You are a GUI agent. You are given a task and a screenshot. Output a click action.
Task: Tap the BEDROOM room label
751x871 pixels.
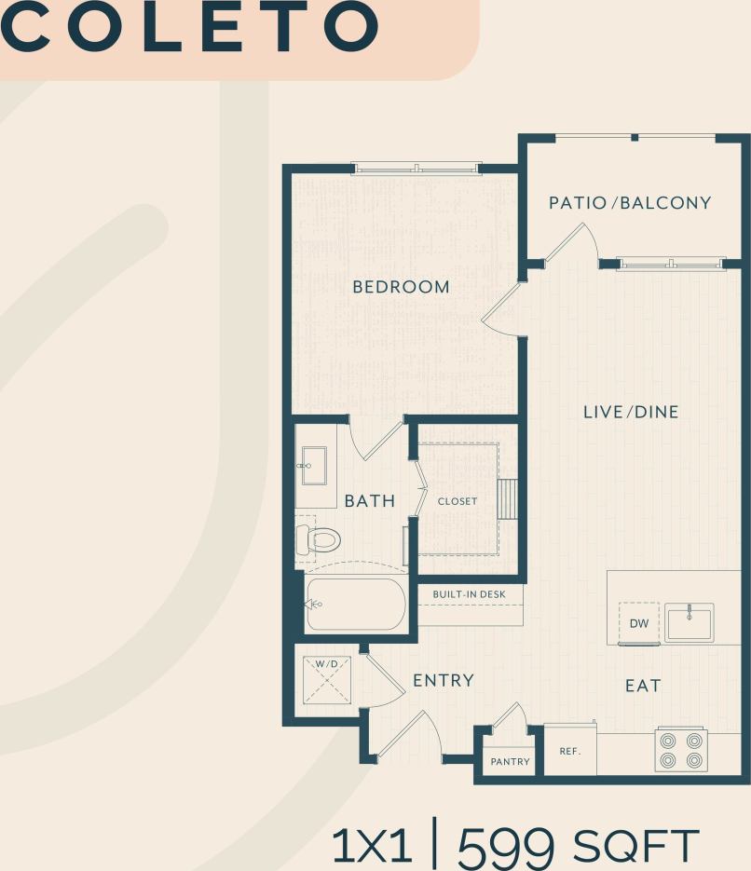click(x=401, y=287)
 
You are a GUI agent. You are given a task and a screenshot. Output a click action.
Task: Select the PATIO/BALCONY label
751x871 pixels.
click(x=630, y=203)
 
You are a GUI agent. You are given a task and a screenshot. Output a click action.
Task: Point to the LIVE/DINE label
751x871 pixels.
click(x=631, y=412)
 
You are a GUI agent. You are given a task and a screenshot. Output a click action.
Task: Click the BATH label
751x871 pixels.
click(x=370, y=501)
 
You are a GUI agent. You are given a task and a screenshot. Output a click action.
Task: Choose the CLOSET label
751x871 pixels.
click(x=457, y=501)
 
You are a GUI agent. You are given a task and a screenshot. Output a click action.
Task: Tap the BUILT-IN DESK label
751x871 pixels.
click(x=469, y=594)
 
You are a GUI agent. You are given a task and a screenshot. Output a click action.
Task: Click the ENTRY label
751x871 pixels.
click(x=444, y=681)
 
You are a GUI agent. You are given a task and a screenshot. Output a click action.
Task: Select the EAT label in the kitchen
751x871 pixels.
click(x=643, y=686)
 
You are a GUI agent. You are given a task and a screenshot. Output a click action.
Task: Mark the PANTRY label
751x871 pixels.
click(x=510, y=762)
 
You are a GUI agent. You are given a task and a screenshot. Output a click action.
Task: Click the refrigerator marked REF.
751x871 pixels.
click(x=570, y=751)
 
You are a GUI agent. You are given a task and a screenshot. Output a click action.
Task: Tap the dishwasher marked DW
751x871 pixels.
click(x=639, y=622)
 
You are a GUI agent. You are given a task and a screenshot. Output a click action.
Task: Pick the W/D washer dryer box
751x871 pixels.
click(x=326, y=678)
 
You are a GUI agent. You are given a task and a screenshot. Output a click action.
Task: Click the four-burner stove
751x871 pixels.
click(x=680, y=750)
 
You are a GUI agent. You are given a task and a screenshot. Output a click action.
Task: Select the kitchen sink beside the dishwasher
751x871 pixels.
click(x=689, y=622)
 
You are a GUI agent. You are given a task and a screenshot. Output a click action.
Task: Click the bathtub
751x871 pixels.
click(x=356, y=604)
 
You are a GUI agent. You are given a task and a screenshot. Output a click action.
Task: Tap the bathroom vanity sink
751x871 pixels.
click(x=312, y=466)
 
